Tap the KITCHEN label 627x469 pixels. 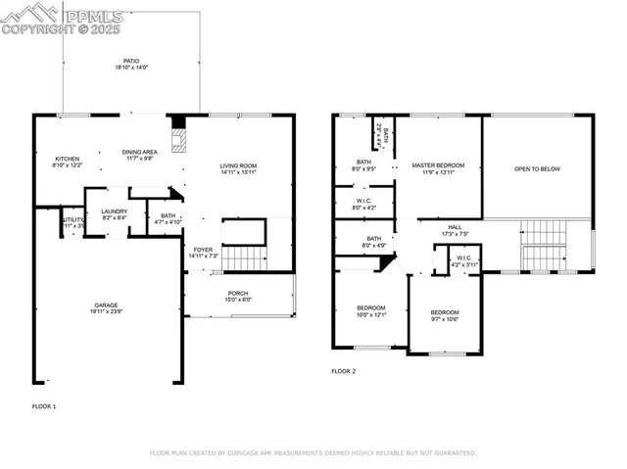click(67, 159)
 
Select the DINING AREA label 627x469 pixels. click(139, 152)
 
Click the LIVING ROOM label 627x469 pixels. click(237, 165)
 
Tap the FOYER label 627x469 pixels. click(203, 250)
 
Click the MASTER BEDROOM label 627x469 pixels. click(438, 165)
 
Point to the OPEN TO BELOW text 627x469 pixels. click(538, 169)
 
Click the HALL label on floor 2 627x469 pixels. click(455, 227)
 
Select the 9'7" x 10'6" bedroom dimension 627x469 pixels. click(445, 318)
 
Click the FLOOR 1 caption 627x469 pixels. click(44, 405)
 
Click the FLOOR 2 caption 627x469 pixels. click(343, 372)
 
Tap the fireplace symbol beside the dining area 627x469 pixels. click(177, 137)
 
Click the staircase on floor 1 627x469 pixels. click(245, 258)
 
